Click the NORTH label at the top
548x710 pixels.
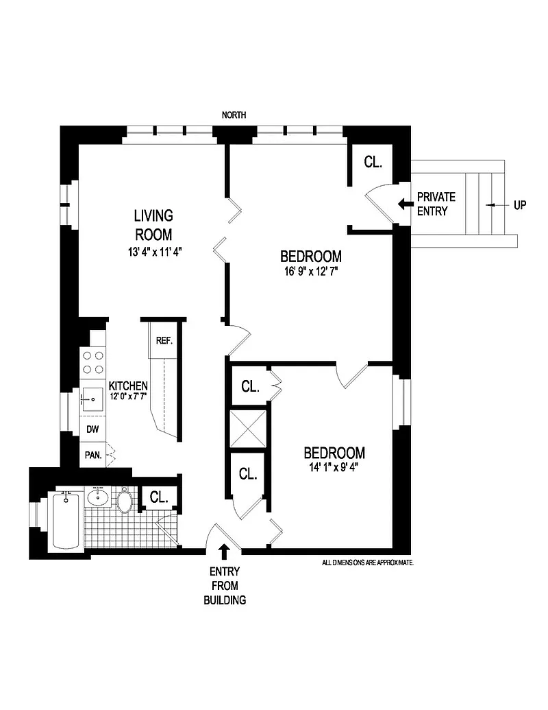pos(234,115)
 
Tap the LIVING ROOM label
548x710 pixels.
pos(153,224)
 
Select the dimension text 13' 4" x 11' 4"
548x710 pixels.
pos(153,252)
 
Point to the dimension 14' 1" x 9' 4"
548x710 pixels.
pos(334,469)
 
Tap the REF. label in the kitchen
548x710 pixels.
pos(164,340)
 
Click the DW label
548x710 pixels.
pos(92,430)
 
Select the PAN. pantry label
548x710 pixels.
pos(92,453)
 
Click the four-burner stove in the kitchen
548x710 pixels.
pos(92,364)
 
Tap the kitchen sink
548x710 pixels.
pos(92,398)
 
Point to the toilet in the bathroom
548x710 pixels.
pos(124,501)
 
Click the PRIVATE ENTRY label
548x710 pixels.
pos(436,204)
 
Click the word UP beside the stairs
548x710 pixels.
pos(520,204)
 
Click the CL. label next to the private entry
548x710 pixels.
pos(373,163)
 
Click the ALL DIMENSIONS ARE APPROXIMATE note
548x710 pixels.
pos(368,561)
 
